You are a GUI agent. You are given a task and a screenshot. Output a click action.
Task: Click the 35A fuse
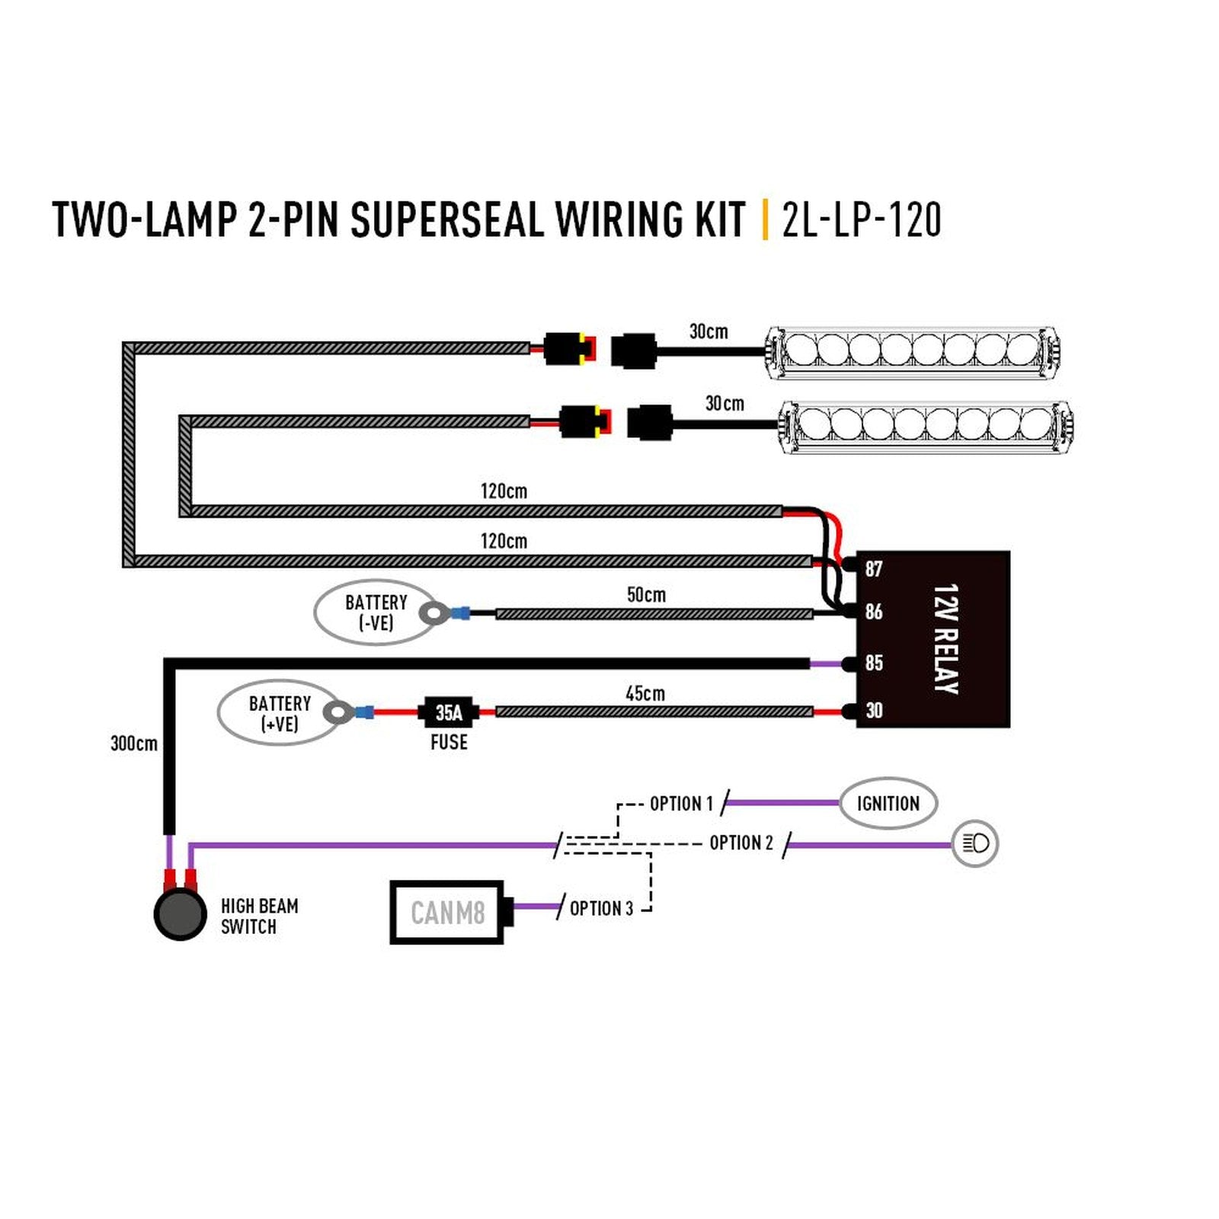point(449,712)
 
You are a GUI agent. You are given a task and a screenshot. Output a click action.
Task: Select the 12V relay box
point(933,638)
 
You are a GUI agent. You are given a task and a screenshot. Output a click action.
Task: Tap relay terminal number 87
point(873,568)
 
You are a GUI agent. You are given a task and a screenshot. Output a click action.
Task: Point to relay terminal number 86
point(873,611)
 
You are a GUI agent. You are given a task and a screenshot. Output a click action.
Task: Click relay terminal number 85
point(873,662)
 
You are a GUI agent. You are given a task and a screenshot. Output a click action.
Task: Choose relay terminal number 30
point(873,710)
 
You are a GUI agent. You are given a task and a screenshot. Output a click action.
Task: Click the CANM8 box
point(447,912)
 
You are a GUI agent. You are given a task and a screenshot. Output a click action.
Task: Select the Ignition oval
point(888,803)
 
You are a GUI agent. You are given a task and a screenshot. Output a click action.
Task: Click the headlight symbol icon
point(975,843)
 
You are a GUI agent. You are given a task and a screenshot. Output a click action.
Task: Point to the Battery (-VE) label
point(376,613)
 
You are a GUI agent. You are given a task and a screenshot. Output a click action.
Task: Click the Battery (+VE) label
point(280,713)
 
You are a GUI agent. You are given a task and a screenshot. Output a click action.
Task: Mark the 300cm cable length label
point(134,743)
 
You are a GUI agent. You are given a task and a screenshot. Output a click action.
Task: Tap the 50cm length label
point(646,594)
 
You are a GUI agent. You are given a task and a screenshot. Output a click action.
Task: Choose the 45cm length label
point(645,693)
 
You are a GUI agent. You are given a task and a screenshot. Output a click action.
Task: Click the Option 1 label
point(681,804)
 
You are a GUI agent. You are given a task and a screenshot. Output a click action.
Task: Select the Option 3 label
point(601,908)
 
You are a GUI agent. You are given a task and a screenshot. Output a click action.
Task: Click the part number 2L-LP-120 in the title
point(862,219)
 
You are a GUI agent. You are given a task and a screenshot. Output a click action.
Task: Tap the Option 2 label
point(741,843)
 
